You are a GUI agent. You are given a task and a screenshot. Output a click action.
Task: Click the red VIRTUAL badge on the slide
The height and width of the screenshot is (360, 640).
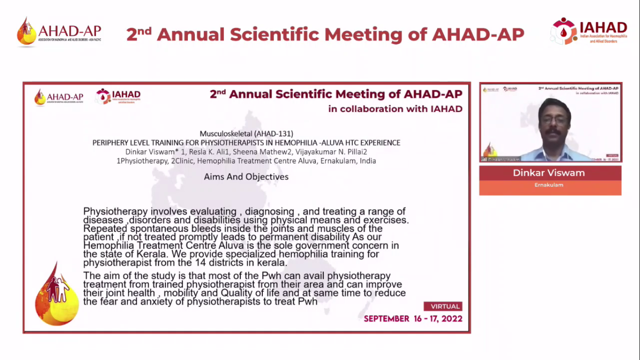coord(443,307)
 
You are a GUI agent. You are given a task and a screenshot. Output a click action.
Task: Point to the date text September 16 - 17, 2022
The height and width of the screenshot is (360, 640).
coord(413,319)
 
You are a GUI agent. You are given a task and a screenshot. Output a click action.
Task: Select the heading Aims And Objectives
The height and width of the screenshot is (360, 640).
coord(246,177)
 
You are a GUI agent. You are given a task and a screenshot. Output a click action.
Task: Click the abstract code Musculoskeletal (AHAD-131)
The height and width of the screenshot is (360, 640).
coord(246,134)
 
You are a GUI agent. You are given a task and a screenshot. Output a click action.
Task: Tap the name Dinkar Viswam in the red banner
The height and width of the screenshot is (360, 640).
coord(549,172)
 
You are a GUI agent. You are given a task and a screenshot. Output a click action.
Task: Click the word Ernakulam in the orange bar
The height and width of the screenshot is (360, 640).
coord(549,185)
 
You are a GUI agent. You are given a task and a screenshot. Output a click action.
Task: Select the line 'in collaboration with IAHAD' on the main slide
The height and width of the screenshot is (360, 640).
coord(395,109)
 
